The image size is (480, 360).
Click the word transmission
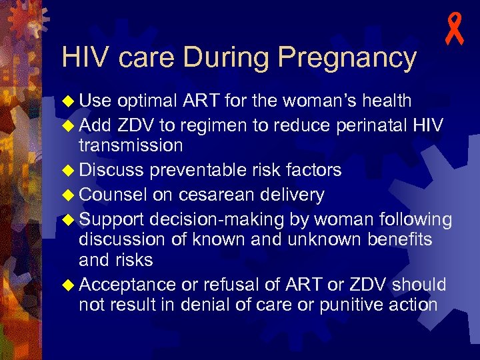point(131,146)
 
